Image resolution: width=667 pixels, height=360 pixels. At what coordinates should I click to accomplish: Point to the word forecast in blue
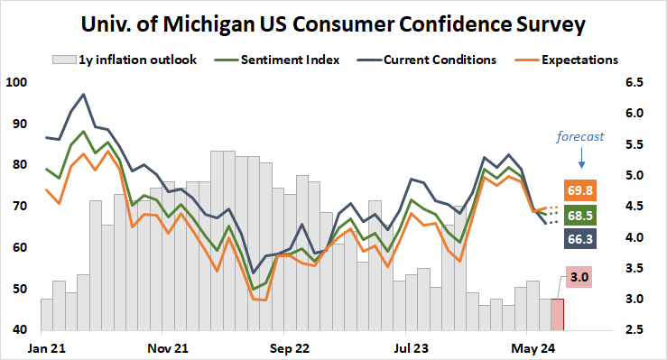(x=579, y=138)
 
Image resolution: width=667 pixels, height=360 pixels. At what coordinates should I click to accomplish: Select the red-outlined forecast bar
(x=557, y=314)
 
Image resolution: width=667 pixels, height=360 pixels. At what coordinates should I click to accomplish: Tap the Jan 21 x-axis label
(x=46, y=346)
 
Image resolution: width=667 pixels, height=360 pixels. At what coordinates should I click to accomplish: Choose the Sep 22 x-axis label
(x=290, y=346)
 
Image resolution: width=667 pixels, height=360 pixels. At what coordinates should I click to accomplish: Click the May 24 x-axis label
(x=533, y=346)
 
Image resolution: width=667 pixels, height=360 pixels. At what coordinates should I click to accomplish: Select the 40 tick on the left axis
(x=19, y=330)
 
